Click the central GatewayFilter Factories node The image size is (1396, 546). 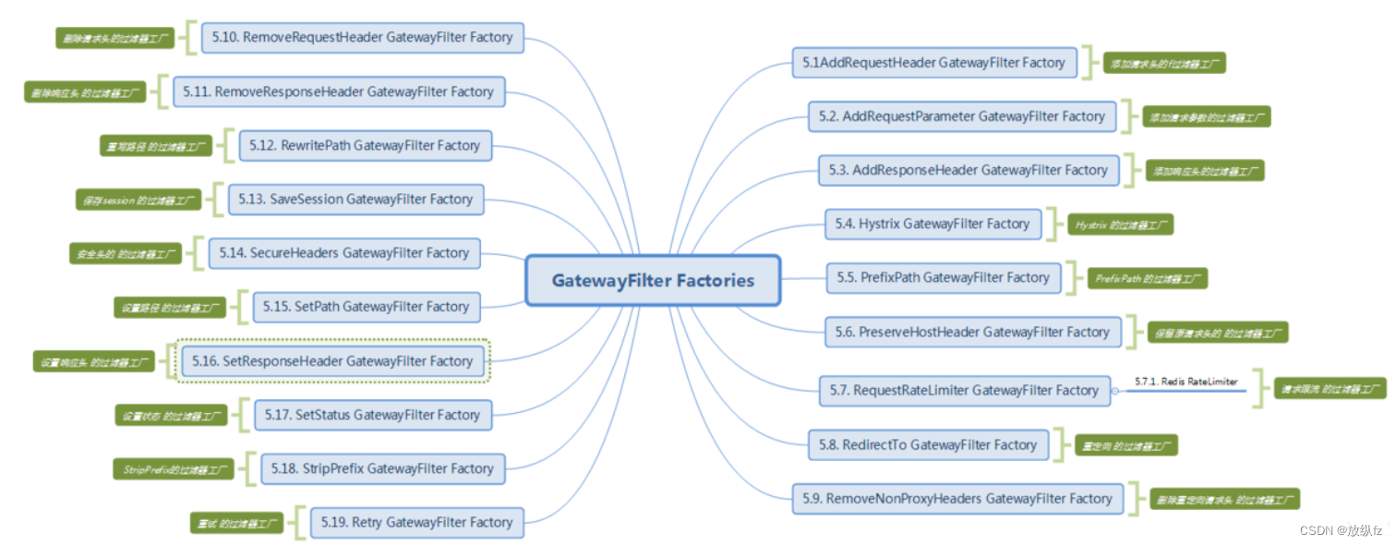pos(653,280)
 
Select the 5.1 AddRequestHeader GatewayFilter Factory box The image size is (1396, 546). pos(934,63)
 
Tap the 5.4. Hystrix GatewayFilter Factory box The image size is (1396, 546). pos(933,224)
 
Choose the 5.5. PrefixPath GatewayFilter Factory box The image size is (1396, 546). pos(943,277)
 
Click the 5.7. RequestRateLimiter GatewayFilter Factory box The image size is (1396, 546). pos(964,390)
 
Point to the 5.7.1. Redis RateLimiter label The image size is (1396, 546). pos(1185,382)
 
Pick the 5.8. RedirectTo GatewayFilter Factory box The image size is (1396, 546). pos(928,444)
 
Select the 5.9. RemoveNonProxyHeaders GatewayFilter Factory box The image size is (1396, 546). pos(957,499)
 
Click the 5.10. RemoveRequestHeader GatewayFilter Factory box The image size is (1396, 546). pos(362,38)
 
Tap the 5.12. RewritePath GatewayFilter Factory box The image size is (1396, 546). pos(366,145)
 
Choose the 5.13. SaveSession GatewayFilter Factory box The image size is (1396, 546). pos(355,199)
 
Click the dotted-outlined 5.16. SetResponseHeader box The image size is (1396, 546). pos(334,361)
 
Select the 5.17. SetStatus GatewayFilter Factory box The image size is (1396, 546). pos(373,415)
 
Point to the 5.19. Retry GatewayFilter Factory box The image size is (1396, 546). pos(416,522)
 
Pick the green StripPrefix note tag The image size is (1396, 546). pos(174,469)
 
